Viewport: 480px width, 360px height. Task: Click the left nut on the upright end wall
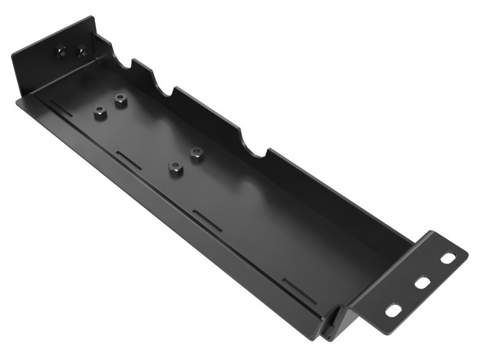coord(60,52)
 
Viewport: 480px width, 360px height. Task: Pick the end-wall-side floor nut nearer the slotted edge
coord(100,112)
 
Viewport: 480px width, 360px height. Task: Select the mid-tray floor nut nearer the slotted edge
coord(175,169)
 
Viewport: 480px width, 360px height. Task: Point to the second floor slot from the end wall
coord(128,159)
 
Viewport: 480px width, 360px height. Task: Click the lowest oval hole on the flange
coord(394,310)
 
